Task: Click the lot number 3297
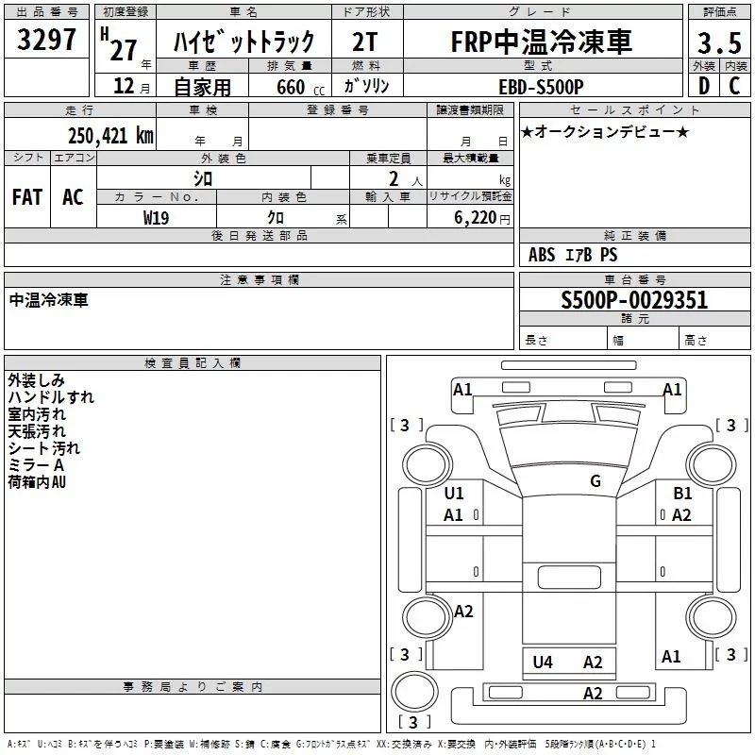tap(47, 42)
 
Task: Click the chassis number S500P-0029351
tap(634, 301)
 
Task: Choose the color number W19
tap(157, 217)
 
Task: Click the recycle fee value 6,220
tap(473, 217)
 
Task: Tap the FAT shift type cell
tap(27, 197)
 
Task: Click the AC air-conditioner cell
tap(73, 197)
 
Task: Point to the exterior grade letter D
tap(702, 86)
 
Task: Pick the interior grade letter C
tap(734, 86)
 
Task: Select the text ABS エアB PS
tap(573, 255)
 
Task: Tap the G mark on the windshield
tap(596, 481)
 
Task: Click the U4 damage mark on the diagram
tap(543, 663)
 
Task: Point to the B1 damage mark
tap(682, 493)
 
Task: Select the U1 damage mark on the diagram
tap(454, 493)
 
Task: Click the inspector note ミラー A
tap(36, 466)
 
